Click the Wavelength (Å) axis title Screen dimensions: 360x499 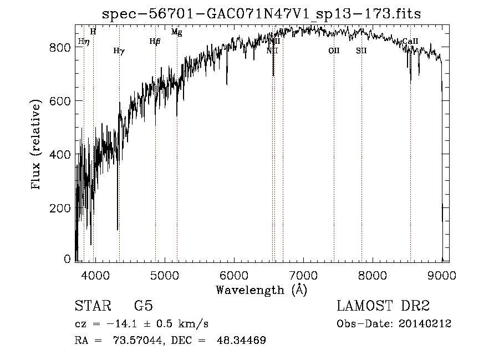261,290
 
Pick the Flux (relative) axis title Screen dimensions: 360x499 37,145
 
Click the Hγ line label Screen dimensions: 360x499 119,51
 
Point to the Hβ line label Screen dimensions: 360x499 155,41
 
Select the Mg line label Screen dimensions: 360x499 176,32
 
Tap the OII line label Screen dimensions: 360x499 333,50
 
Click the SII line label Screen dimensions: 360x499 361,50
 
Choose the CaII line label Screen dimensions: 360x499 410,41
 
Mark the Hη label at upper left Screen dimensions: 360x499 84,41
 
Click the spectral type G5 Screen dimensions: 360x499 144,306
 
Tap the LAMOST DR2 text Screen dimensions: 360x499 383,306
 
